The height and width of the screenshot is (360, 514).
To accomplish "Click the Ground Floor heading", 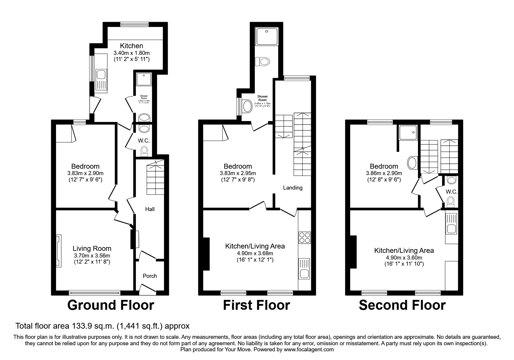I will coord(111,305).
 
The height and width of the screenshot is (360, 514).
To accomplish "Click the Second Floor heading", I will coord(402,305).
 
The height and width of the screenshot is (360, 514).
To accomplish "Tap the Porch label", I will coord(150,276).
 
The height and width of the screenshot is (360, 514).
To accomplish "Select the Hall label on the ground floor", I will coord(150,209).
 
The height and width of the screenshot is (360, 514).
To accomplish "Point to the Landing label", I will coord(293,188).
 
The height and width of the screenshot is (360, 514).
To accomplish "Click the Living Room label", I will coord(92,249).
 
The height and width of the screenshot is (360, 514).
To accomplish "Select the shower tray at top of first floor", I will coord(266,36).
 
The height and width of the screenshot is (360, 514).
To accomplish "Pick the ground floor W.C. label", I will coord(144,141).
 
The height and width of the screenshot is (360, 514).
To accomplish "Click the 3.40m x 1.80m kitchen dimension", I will coord(131,53).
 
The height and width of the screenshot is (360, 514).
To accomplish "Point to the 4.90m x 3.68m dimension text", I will coord(255,253).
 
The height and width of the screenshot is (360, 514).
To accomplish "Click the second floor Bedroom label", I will coord(384,166).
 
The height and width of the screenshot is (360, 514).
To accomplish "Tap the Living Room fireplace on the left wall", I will coord(58,251).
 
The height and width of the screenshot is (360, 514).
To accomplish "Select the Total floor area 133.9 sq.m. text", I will coord(102,326).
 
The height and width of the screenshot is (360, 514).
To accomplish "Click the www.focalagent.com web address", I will coord(309,350).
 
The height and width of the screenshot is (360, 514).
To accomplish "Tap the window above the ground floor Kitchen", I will coord(134,25).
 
